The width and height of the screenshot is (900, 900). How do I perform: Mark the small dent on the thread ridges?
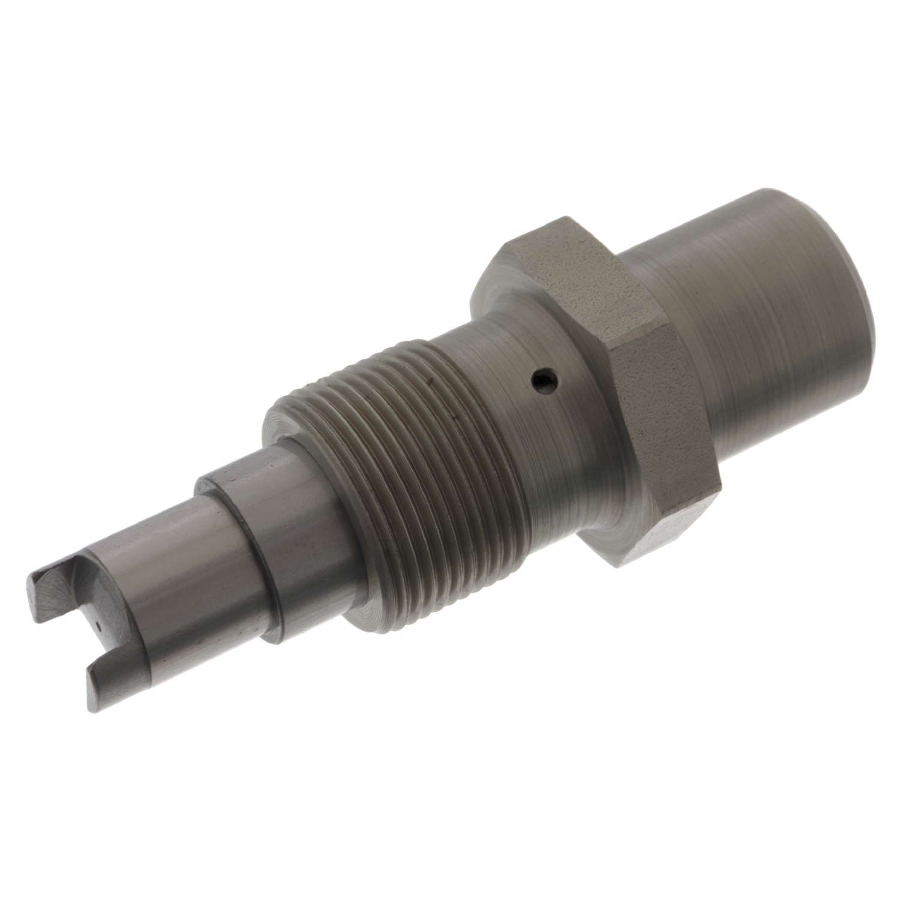pos(427,379)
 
